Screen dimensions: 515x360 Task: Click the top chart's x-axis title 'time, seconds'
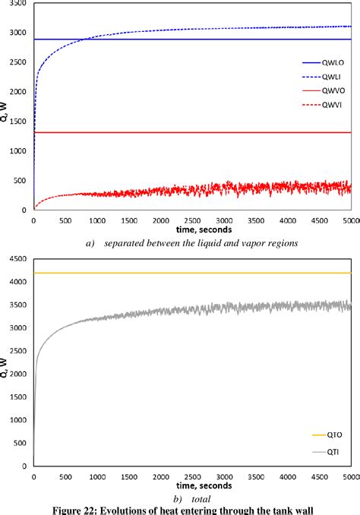tap(193, 229)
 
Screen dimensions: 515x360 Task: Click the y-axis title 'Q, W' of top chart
tap(6, 110)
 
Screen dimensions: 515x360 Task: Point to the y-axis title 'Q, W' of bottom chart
tap(6, 367)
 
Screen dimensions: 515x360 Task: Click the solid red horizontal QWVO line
tap(190, 133)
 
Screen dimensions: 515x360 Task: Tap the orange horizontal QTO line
tap(190, 273)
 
